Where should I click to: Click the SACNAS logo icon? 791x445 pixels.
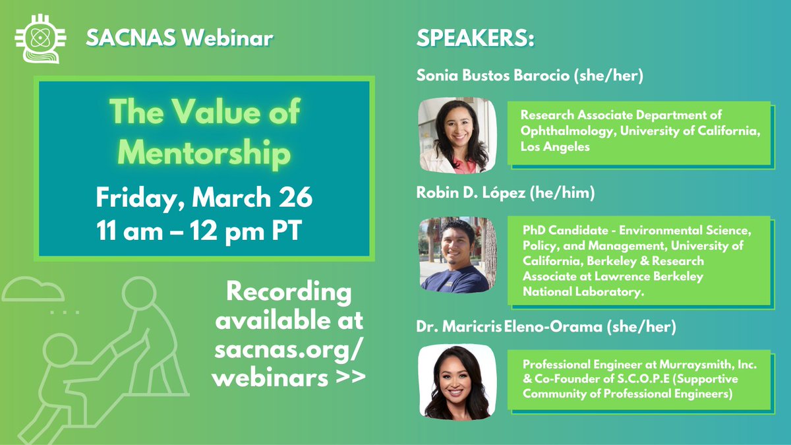point(38,38)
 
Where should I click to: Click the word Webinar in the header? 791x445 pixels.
point(227,39)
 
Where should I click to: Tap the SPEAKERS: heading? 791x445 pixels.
point(475,39)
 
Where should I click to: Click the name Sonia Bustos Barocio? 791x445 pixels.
point(492,76)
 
